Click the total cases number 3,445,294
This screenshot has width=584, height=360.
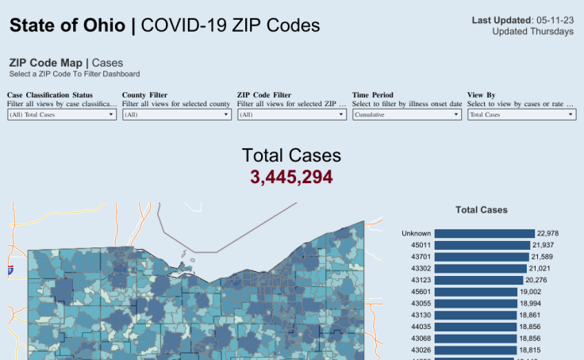(291, 177)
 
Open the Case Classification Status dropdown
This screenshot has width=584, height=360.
(61, 114)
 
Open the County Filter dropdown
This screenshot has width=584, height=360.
(176, 114)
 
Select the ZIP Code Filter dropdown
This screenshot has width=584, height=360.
(291, 114)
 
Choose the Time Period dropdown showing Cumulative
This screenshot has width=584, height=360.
(406, 114)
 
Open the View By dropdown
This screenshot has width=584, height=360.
(521, 114)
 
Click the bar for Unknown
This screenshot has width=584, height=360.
(484, 233)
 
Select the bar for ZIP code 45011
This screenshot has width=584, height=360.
(482, 245)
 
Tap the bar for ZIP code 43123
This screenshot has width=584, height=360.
(478, 280)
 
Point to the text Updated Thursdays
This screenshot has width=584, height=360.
(532, 32)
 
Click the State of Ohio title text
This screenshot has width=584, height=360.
(67, 25)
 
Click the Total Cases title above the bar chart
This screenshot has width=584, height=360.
(481, 210)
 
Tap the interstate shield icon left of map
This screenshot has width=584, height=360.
(10, 270)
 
